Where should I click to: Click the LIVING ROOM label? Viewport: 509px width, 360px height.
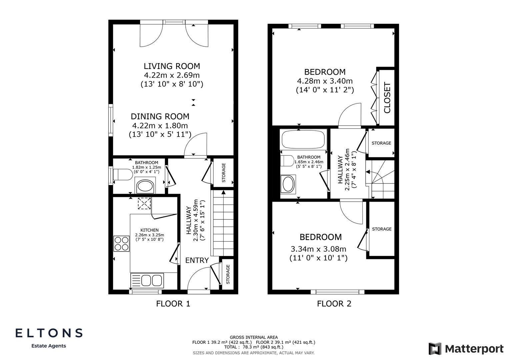tap(172, 66)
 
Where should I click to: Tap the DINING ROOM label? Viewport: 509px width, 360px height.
tap(160, 116)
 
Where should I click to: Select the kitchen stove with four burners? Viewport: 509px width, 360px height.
tap(121, 243)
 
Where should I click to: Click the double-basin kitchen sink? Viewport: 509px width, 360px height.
tap(147, 280)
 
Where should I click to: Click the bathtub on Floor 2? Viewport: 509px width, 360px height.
tap(303, 139)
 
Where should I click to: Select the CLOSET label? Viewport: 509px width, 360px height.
tap(387, 98)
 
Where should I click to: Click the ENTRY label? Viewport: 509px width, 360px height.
tap(197, 260)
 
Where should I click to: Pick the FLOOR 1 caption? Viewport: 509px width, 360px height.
tap(173, 304)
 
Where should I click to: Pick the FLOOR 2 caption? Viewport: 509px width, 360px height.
tap(334, 304)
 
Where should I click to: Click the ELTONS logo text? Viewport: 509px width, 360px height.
tap(49, 333)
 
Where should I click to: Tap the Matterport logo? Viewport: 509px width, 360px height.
tap(466, 349)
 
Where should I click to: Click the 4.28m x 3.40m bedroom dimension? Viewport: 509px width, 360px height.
tap(325, 81)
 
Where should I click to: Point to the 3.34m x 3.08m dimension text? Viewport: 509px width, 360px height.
tap(318, 249)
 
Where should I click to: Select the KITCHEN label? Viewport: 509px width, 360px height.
tap(149, 230)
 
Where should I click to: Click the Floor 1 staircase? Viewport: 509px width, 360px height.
tap(223, 227)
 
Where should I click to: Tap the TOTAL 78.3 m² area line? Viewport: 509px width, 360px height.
tap(254, 347)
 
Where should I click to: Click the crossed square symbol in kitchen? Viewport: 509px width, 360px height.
tap(144, 203)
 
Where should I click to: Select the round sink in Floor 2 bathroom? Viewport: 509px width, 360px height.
tap(288, 184)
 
